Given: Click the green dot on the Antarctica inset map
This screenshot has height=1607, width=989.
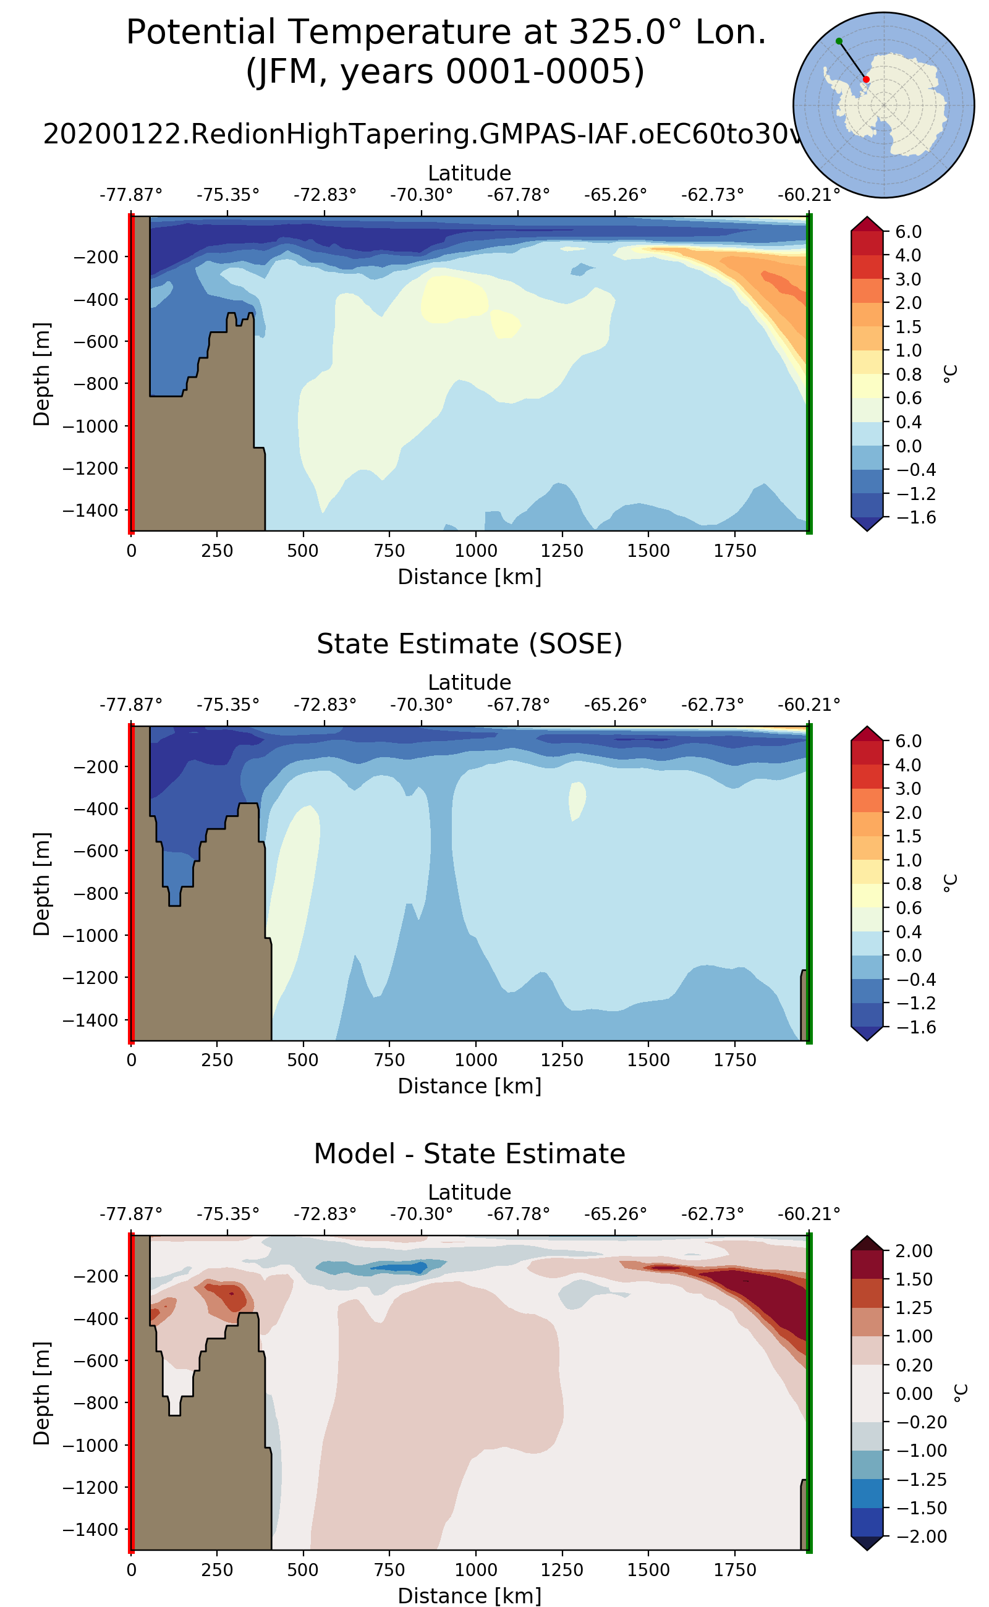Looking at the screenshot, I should click(839, 41).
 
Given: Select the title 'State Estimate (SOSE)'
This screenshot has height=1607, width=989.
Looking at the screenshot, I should click(469, 644).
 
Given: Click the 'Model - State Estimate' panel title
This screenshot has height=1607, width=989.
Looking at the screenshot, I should click(469, 1154).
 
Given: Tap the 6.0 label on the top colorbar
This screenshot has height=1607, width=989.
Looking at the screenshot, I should click(908, 232).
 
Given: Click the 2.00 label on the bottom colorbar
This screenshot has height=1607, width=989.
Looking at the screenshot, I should click(914, 1250).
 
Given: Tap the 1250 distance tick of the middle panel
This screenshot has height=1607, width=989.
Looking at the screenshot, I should click(562, 1059).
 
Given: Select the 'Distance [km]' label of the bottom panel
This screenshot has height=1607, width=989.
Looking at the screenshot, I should click(469, 1596).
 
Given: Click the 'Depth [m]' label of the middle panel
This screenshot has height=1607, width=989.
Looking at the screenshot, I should click(41, 884).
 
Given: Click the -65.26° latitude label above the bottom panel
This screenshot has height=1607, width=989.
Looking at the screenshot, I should click(615, 1214).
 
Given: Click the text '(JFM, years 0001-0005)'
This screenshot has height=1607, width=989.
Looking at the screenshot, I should click(445, 72).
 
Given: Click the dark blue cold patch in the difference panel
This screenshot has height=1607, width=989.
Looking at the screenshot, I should click(399, 1268).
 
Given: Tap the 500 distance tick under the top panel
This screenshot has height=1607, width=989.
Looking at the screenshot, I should click(303, 551).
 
